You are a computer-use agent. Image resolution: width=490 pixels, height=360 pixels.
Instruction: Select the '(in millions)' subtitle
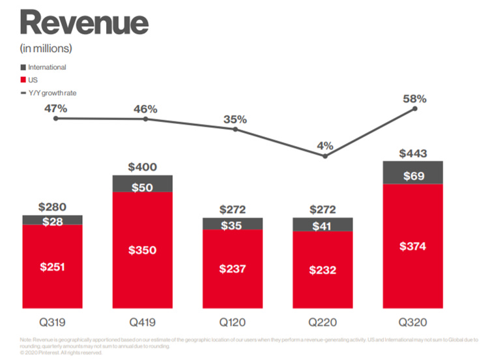pyautogui.click(x=47, y=48)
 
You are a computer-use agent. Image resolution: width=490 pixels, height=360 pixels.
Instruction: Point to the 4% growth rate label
pyautogui.click(x=325, y=145)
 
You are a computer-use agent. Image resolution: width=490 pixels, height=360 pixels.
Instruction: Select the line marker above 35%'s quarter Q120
pyautogui.click(x=236, y=129)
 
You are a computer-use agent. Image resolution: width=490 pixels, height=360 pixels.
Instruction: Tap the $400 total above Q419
pyautogui.click(x=143, y=167)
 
